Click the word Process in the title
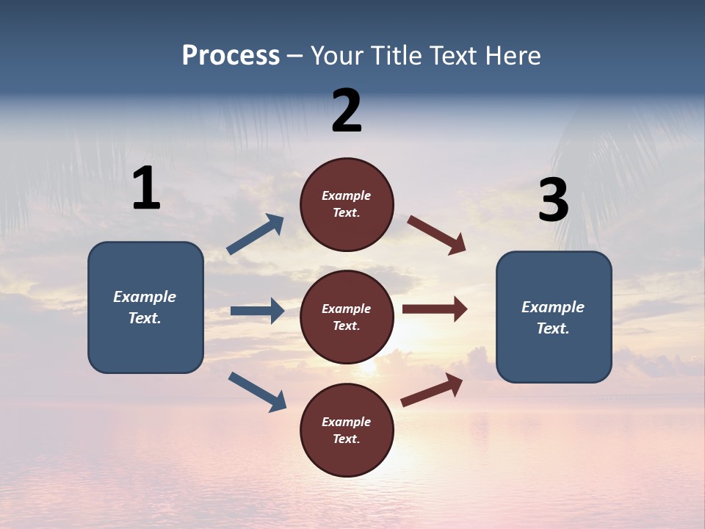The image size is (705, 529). [231, 56]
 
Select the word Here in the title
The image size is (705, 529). [511, 56]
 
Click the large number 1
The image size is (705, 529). [146, 189]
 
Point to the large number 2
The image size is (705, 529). [347, 111]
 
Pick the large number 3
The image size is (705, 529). [553, 200]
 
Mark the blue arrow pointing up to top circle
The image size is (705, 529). [256, 235]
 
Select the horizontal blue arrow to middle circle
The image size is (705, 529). [257, 311]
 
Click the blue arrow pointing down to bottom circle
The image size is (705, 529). [257, 392]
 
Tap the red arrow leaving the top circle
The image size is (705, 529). [437, 235]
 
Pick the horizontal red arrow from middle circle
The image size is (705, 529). [435, 309]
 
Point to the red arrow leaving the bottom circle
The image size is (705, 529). [432, 390]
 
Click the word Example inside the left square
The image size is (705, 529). [145, 297]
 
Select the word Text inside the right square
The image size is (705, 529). [552, 328]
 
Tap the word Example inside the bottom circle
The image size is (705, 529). [346, 422]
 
